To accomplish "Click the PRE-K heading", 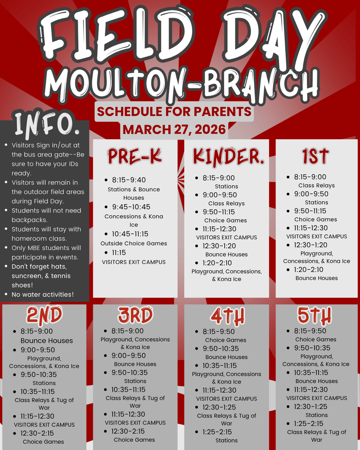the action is pyautogui.click(x=135, y=156).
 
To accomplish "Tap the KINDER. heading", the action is pyautogui.click(x=228, y=157).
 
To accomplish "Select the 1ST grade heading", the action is pyautogui.click(x=315, y=156).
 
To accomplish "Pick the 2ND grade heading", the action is pyautogui.click(x=44, y=315).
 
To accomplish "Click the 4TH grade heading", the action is pyautogui.click(x=227, y=316).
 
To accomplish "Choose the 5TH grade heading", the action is pyautogui.click(x=314, y=316).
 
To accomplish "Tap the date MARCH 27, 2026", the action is pyautogui.click(x=174, y=130).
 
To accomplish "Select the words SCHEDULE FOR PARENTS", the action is pyautogui.click(x=174, y=111).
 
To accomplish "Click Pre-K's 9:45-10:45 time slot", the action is pyautogui.click(x=131, y=207).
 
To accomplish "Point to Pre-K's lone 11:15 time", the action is pyautogui.click(x=119, y=253).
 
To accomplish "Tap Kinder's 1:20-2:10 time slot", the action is pyautogui.click(x=217, y=263).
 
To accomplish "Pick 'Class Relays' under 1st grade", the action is pyautogui.click(x=316, y=185).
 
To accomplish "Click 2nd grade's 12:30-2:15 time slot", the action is pyautogui.click(x=37, y=433).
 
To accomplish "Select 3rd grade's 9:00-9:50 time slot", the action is pyautogui.click(x=129, y=356).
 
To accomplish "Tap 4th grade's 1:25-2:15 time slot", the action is pyautogui.click(x=217, y=432).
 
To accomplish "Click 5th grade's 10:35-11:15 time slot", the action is pyautogui.click(x=311, y=373).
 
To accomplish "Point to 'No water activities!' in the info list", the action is pyautogui.click(x=43, y=294).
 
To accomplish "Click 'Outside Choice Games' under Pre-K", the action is pyautogui.click(x=134, y=243).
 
